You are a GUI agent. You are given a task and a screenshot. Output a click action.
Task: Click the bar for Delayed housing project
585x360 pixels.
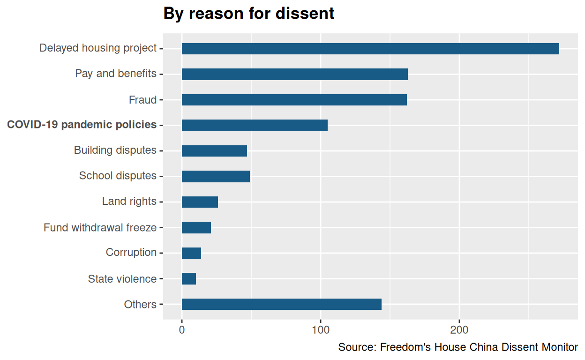[x=370, y=49]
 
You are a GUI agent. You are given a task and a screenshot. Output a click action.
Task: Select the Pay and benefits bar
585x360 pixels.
[x=294, y=74]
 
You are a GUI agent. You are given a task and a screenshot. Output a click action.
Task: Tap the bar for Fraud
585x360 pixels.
[x=294, y=100]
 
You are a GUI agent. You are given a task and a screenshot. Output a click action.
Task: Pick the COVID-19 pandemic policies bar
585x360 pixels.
[x=255, y=125]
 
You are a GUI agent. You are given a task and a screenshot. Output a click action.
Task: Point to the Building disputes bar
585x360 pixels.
[x=214, y=151]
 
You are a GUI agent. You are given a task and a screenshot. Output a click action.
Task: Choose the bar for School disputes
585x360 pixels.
[x=216, y=176]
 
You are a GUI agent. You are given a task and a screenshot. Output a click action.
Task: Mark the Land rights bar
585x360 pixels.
[x=200, y=202]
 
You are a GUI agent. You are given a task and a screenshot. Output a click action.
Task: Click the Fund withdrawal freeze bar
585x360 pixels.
[x=196, y=228]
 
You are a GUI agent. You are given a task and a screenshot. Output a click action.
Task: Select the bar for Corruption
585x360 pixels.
[x=191, y=253]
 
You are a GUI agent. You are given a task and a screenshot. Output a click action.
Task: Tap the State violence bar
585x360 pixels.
[x=189, y=279]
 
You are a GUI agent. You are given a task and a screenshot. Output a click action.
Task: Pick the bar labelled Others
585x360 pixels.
[x=281, y=304]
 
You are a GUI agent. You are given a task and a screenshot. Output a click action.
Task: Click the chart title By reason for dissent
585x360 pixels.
[x=248, y=14]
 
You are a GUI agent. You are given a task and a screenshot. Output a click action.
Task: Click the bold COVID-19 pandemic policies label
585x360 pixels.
[x=82, y=125]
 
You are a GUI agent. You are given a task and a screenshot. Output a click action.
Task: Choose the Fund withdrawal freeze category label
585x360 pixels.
[x=100, y=228]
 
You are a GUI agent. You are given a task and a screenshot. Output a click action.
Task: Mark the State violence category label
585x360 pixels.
[x=122, y=279]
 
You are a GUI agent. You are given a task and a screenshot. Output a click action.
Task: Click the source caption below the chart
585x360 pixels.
[x=458, y=347]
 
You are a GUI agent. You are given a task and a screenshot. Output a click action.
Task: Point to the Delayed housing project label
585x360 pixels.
[x=97, y=48]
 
